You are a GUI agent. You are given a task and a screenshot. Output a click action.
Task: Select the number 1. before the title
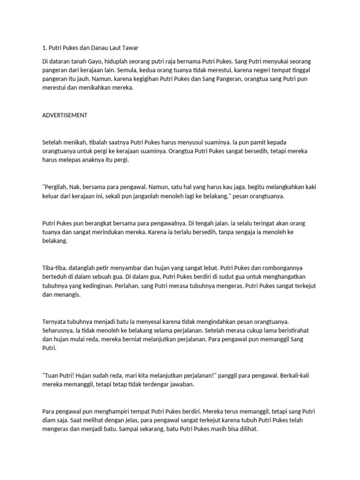tap(45, 48)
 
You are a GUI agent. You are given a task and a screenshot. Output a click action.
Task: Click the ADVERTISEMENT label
tap(65, 115)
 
